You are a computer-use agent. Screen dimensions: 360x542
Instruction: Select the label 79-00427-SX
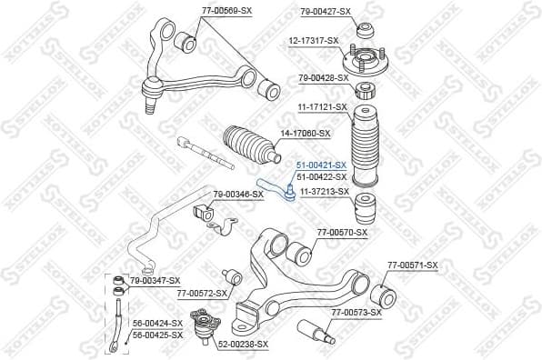click(325, 11)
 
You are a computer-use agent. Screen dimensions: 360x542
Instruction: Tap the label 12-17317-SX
click(314, 40)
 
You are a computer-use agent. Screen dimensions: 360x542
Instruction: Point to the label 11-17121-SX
click(323, 107)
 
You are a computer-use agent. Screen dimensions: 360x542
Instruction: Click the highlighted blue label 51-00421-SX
click(321, 165)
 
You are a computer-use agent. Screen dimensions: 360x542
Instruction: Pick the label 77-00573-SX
click(356, 312)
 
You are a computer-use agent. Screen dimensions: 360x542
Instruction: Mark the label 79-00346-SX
click(238, 194)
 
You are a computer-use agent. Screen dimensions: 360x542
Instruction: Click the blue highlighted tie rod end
click(276, 188)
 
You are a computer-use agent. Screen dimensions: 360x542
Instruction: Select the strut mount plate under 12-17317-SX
click(367, 62)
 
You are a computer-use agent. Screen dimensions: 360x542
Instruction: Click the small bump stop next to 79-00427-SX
click(366, 26)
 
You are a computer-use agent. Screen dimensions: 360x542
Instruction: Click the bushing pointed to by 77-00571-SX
click(386, 293)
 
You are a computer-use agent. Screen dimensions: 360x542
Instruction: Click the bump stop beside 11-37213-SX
click(366, 207)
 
